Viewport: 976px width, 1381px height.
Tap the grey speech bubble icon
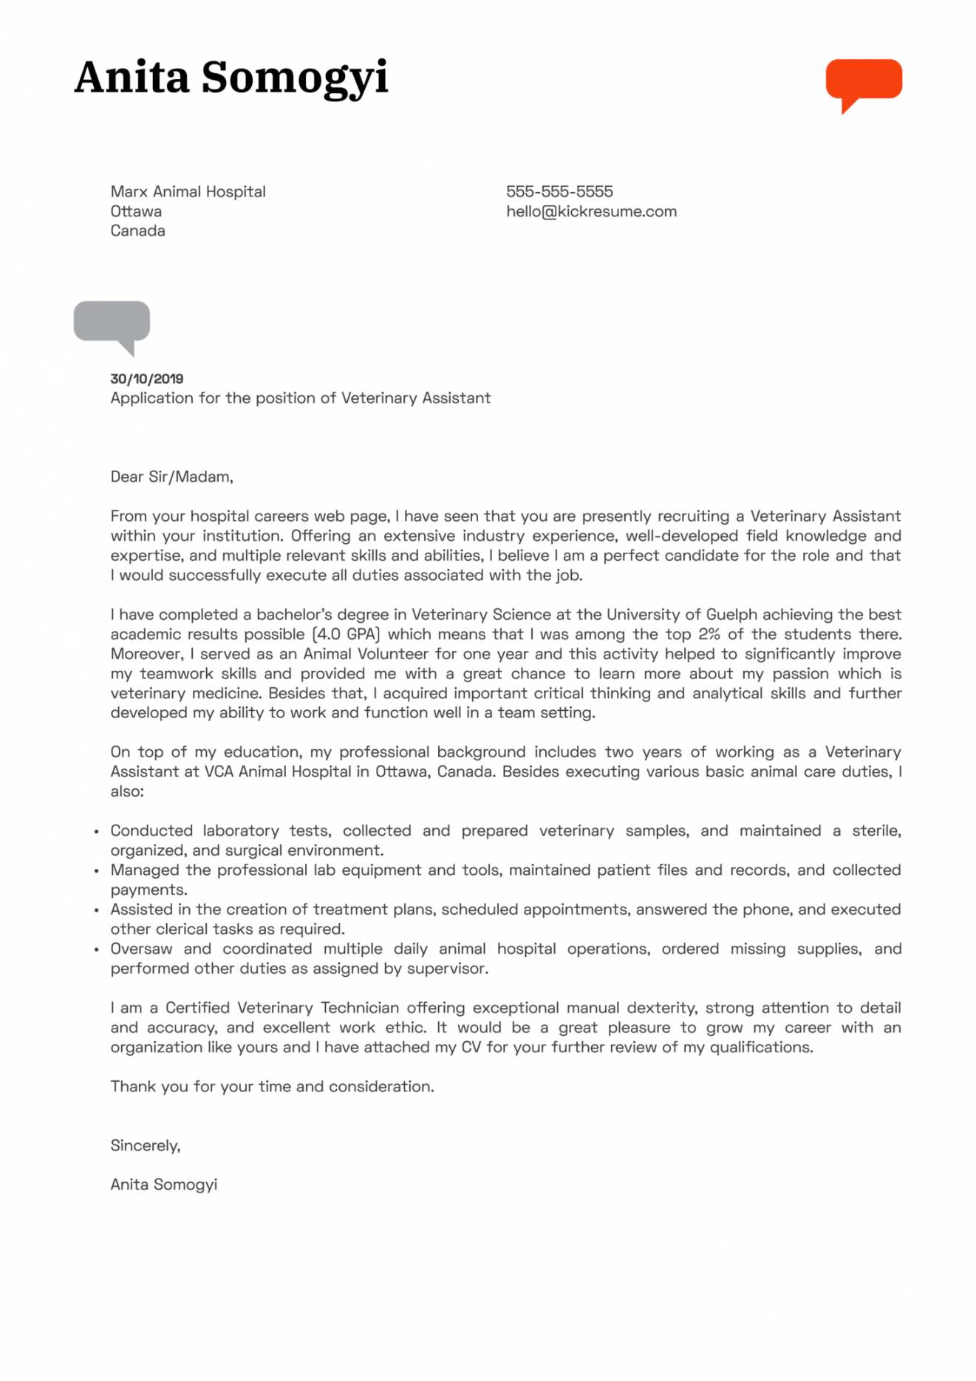[112, 322]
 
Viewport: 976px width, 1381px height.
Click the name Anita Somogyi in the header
[231, 78]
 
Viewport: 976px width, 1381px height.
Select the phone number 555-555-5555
[559, 191]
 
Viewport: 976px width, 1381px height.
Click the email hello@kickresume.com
[591, 211]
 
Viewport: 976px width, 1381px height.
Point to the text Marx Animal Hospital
[188, 191]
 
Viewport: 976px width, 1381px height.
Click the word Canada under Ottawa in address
[137, 231]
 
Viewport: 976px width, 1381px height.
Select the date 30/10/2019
[146, 378]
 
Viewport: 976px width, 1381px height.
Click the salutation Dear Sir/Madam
[171, 477]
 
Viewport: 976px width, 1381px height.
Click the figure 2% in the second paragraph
[709, 634]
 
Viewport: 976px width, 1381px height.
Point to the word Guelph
[731, 614]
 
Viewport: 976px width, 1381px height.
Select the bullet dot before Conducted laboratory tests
[96, 831]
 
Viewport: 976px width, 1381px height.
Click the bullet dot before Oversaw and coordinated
[96, 949]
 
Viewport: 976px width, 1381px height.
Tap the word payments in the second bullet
[149, 890]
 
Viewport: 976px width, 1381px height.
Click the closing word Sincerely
[145, 1145]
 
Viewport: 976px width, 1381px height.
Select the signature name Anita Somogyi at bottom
[163, 1184]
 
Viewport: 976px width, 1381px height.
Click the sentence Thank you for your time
[272, 1086]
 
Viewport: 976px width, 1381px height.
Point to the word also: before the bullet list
[127, 791]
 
